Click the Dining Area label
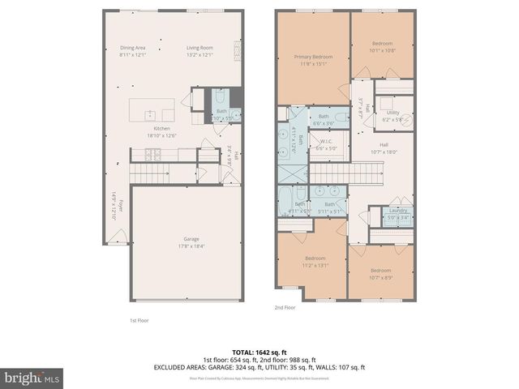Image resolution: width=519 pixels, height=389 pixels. pos(132,48)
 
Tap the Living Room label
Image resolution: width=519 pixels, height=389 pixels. pos(199,48)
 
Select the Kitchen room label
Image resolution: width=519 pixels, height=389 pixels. pos(162,129)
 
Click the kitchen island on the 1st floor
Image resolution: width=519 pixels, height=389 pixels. pos(153,109)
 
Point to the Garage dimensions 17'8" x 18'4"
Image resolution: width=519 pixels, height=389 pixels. pos(191,246)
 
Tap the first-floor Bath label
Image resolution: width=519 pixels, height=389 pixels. pos(221,111)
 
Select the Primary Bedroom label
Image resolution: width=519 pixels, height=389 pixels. pos(312,57)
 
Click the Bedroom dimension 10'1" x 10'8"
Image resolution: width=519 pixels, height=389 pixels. pos(382,50)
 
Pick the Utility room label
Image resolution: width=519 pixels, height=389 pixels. pos(392,113)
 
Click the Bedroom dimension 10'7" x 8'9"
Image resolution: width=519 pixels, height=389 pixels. pos(380,276)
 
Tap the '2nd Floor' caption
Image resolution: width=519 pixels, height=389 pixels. pos(286,307)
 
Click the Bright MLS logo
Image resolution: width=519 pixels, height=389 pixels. pos(32,377)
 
